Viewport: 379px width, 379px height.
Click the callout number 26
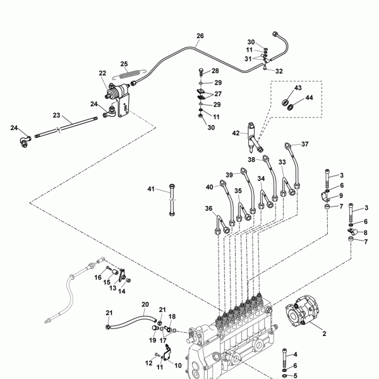click(x=200, y=36)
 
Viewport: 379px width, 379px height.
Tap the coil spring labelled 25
click(x=129, y=74)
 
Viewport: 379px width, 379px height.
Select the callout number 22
click(x=102, y=73)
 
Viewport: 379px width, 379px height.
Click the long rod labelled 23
click(x=66, y=128)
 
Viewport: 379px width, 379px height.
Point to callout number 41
click(x=151, y=189)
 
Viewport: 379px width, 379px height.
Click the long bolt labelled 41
click(x=172, y=200)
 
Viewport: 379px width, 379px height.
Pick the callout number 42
click(x=236, y=133)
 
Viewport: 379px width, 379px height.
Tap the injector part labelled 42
click(x=254, y=138)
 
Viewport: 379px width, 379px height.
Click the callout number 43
click(x=298, y=88)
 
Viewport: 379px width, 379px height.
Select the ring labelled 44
click(x=291, y=106)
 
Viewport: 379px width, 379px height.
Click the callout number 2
click(x=325, y=334)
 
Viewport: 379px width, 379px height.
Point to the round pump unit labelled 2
click(x=302, y=311)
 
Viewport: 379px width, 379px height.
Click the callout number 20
click(x=145, y=304)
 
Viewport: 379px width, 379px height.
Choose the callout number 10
click(x=178, y=366)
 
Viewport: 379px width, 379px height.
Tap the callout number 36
click(x=209, y=208)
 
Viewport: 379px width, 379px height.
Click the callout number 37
click(x=305, y=144)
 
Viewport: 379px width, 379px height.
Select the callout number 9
click(x=341, y=196)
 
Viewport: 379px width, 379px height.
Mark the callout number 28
click(x=215, y=71)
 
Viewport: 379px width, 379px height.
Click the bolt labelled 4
click(x=285, y=358)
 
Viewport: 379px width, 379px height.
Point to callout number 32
click(x=279, y=71)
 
